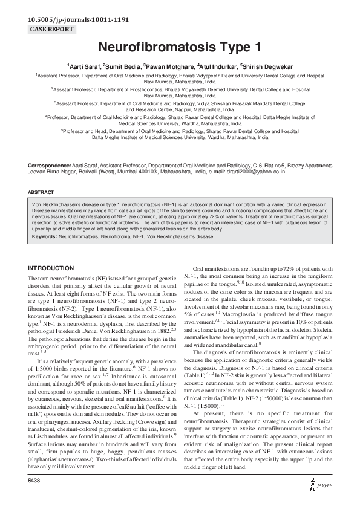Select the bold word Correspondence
(x=48, y=165)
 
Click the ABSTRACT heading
(x=41, y=192)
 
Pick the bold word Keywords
(x=45, y=238)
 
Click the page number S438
(x=37, y=496)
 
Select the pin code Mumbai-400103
(x=141, y=172)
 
